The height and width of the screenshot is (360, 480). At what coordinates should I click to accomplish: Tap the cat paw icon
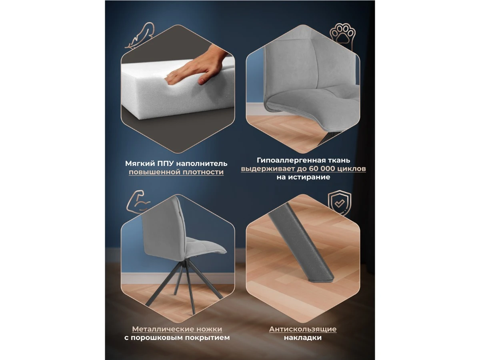click(x=342, y=36)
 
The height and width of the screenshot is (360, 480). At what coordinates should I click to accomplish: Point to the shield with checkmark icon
click(x=339, y=203)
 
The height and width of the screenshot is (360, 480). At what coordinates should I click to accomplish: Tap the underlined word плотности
click(x=203, y=172)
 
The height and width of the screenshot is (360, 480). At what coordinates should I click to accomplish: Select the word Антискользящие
click(x=303, y=329)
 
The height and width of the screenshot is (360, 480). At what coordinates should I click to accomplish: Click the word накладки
click(x=303, y=338)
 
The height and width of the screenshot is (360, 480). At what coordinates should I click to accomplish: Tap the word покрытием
click(x=207, y=338)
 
